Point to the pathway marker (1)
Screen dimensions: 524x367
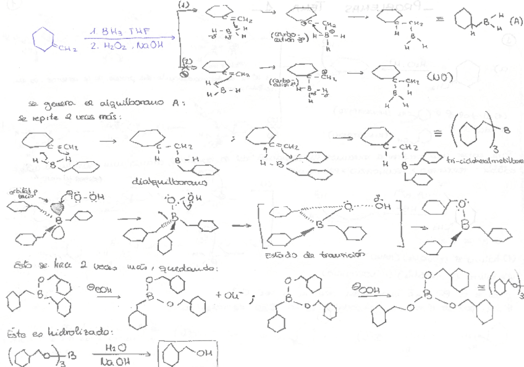(x=183, y=5)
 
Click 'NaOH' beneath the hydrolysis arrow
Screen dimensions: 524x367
(x=111, y=361)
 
